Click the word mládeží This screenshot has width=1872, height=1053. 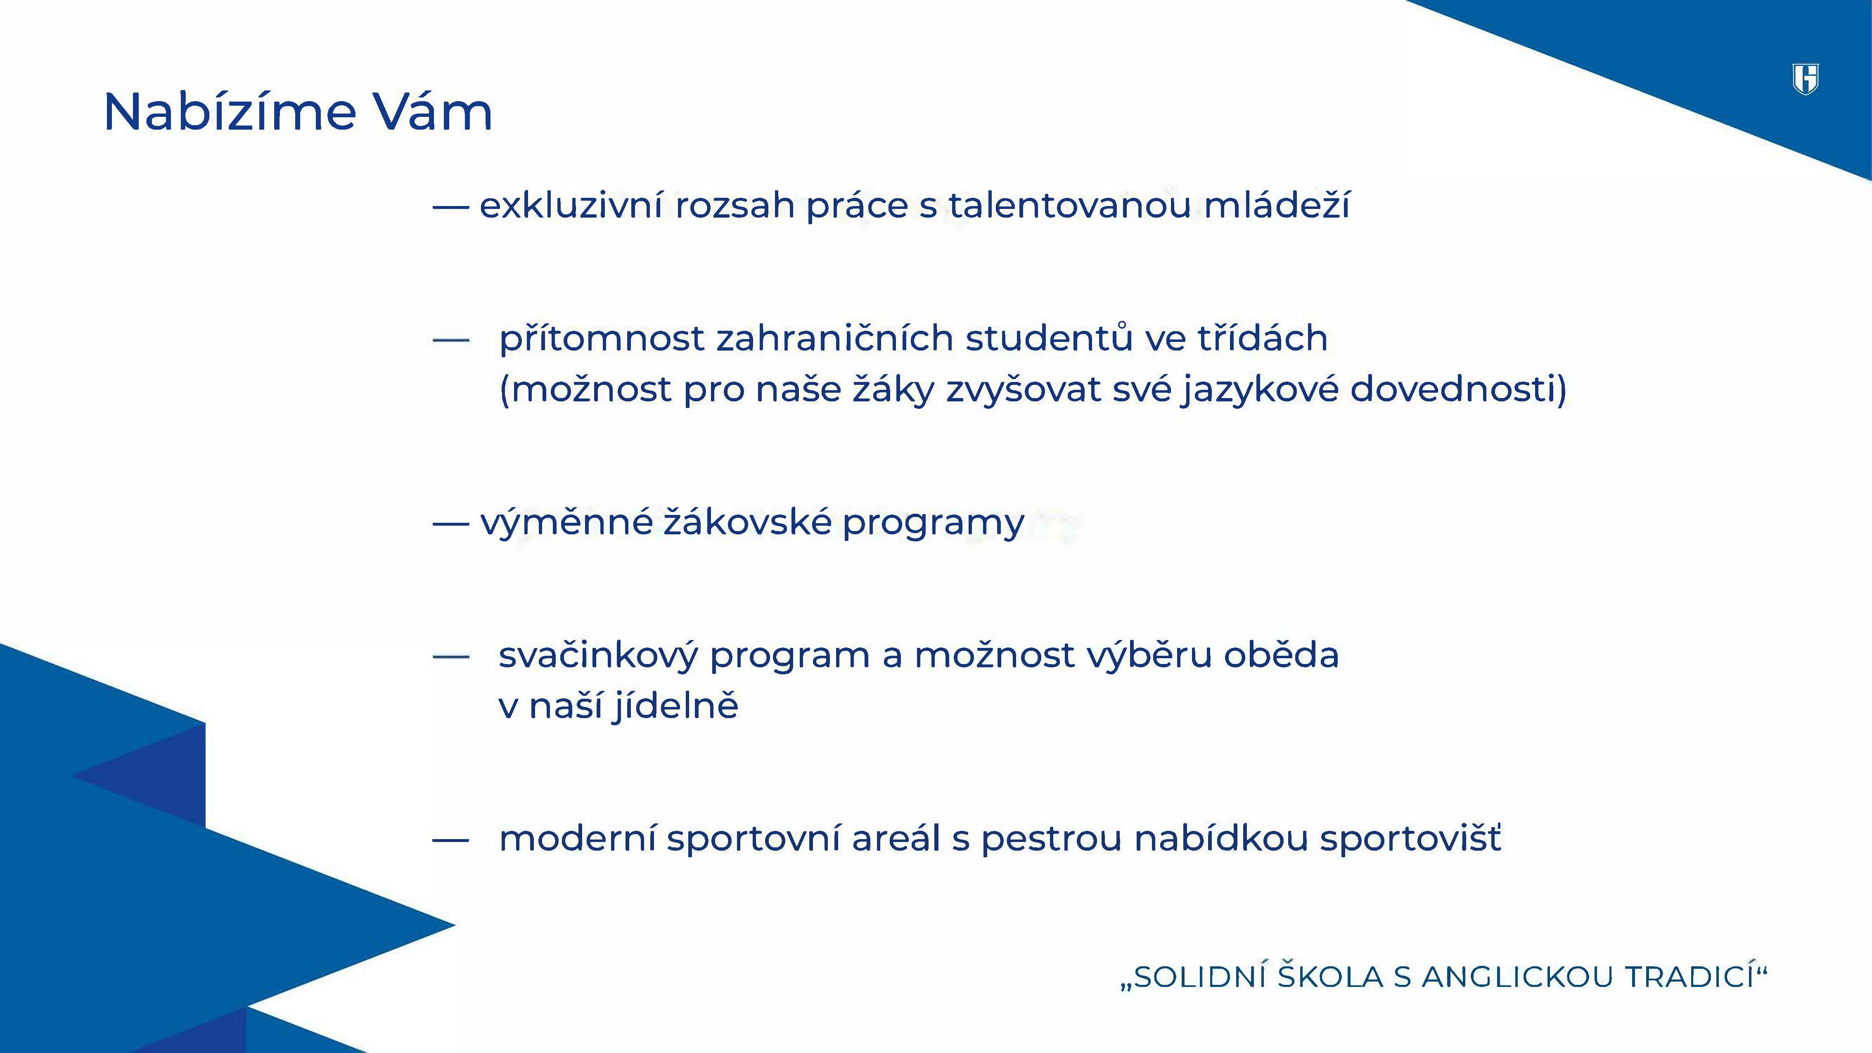[1277, 206]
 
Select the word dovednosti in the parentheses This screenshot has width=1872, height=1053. [1452, 390]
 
